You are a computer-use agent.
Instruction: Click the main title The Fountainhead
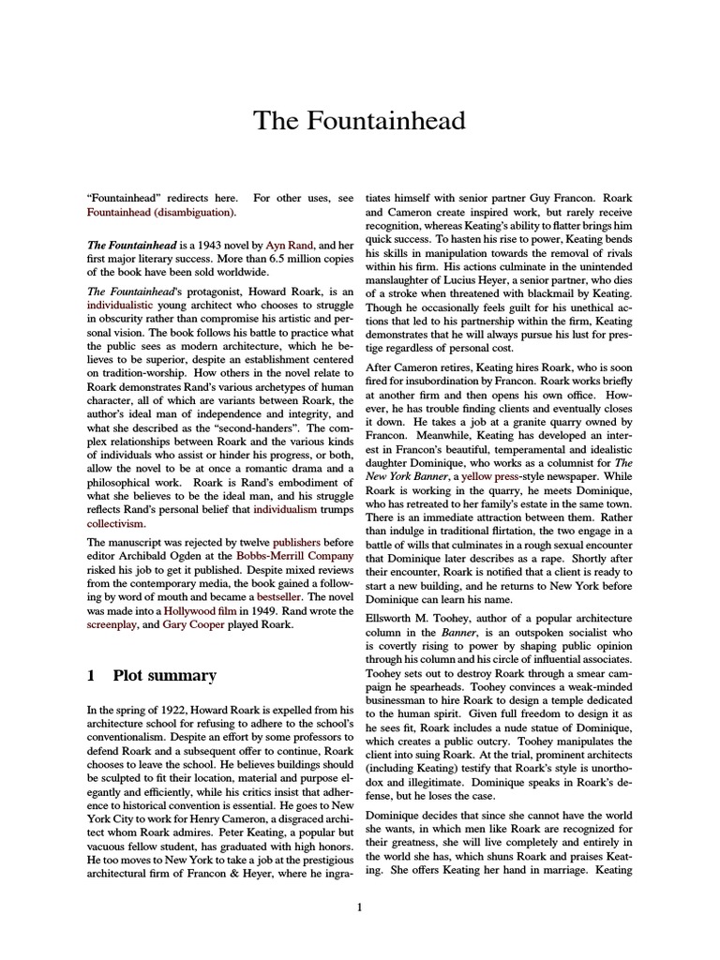pos(360,121)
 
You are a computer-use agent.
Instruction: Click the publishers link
pos(295,542)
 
